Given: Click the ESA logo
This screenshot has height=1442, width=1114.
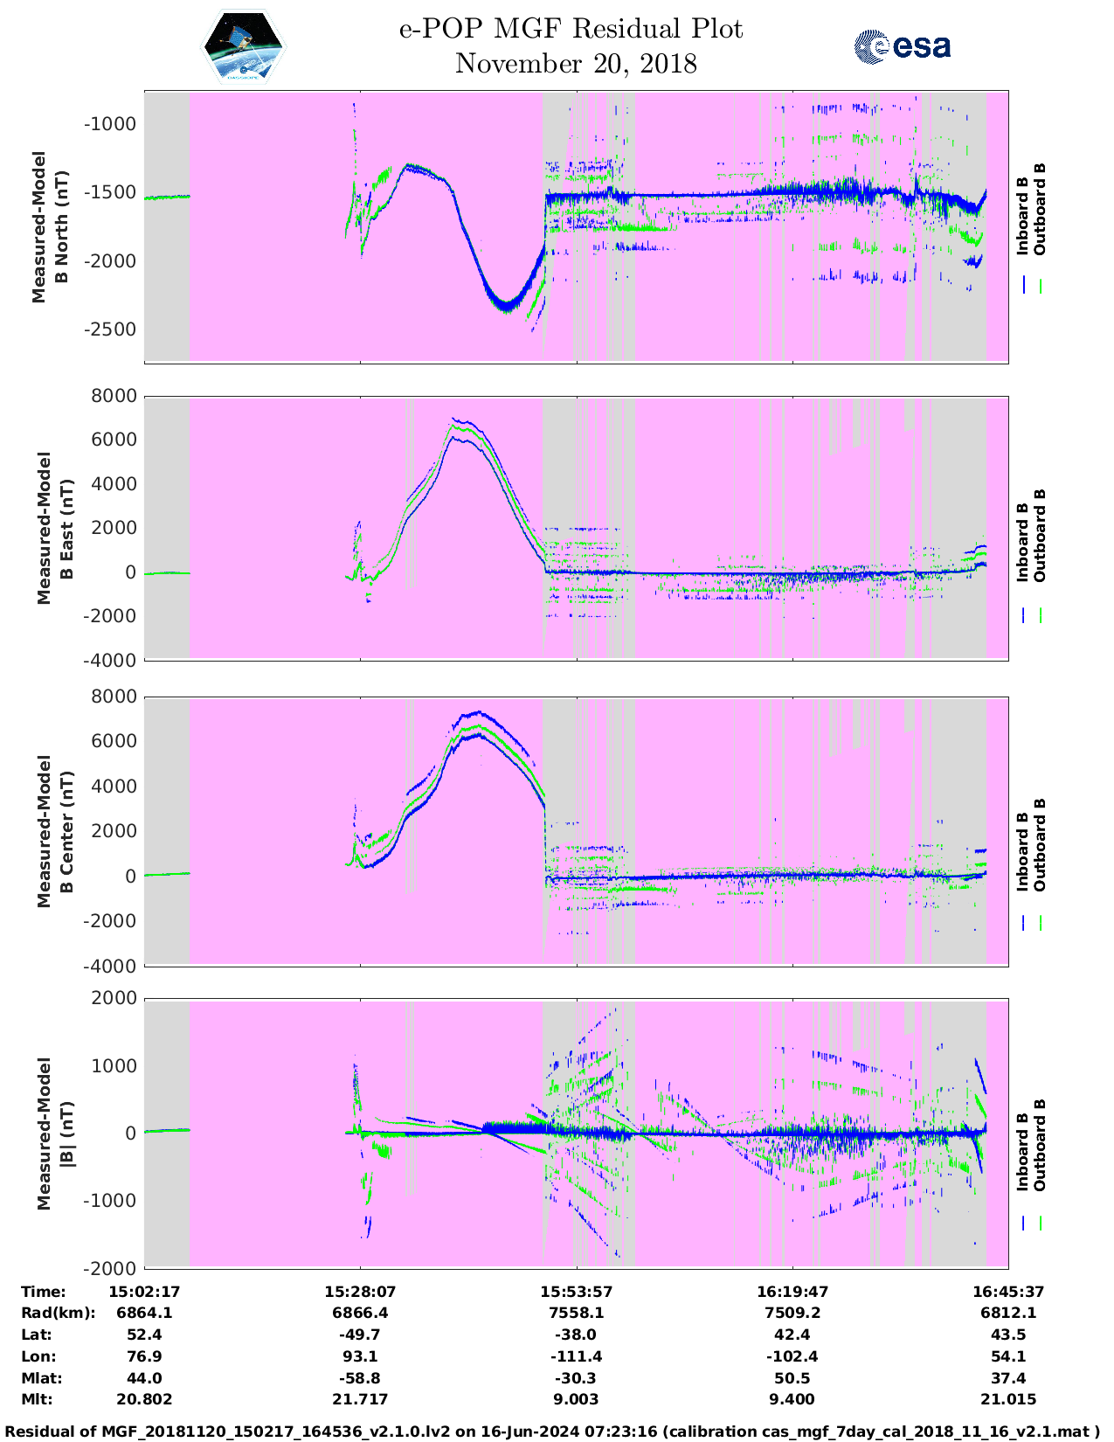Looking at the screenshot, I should [x=903, y=46].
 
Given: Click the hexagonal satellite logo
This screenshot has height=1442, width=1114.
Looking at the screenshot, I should [x=244, y=46].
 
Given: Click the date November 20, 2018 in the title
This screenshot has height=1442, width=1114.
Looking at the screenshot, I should [x=576, y=64].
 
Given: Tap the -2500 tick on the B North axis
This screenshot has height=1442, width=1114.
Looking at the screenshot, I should [x=110, y=329].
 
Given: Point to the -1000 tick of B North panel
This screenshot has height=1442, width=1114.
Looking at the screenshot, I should [x=110, y=124].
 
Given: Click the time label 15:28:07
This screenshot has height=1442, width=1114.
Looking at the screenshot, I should [x=360, y=1292].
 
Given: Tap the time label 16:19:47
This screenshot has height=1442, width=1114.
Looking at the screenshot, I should [x=792, y=1292].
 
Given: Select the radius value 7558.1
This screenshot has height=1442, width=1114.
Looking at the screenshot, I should [x=576, y=1313].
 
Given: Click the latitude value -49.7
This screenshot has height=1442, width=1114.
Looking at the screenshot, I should [x=360, y=1335].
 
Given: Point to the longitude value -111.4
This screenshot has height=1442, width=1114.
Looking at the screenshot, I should [x=576, y=1356].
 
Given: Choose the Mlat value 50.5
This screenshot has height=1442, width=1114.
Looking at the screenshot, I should [x=792, y=1378].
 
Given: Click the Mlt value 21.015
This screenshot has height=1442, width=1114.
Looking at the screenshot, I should [x=1008, y=1399].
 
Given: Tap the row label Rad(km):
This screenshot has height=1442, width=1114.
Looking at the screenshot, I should [x=58, y=1313].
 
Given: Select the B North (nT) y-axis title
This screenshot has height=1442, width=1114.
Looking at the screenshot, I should [x=61, y=227].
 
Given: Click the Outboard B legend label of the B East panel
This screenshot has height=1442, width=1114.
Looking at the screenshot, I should [x=1040, y=535].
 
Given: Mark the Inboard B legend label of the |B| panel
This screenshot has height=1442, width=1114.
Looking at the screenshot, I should [x=1022, y=1145].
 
